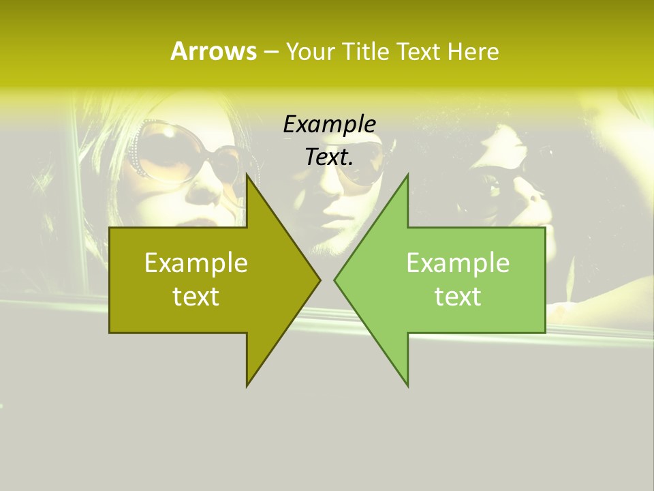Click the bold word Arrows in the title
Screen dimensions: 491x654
pos(213,51)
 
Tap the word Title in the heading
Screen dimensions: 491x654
pos(367,51)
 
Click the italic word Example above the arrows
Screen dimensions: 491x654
pos(330,124)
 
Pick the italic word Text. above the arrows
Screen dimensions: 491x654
pos(330,157)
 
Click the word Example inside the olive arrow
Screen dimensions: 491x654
pos(196,263)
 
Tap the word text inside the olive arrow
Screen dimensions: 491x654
pos(196,297)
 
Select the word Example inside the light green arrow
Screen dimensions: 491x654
pos(458,263)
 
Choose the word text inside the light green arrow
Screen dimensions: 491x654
pos(458,297)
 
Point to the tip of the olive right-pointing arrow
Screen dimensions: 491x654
pos(320,280)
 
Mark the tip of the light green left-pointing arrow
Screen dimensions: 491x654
pos(334,280)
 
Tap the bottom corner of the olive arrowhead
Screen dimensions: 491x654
pos(247,385)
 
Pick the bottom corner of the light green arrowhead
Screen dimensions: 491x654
pos(407,385)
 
